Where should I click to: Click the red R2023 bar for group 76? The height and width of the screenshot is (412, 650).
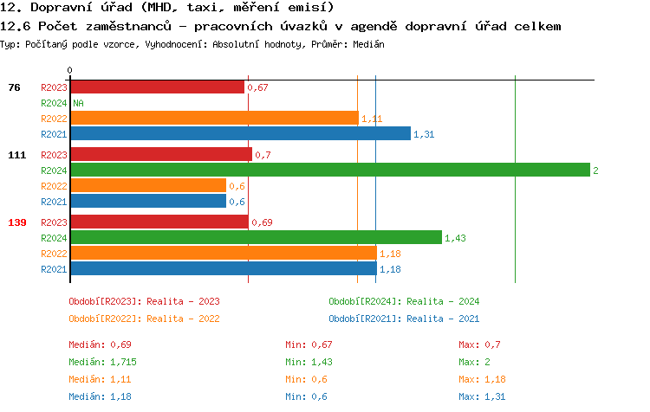157,87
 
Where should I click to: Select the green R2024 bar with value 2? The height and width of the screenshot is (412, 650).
329,171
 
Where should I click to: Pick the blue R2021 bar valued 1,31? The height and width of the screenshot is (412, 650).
240,134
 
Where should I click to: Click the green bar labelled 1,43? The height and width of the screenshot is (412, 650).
256,237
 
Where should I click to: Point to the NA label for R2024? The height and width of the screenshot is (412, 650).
78,103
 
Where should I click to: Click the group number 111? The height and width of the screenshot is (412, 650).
16,155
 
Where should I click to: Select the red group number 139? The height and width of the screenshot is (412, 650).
16,222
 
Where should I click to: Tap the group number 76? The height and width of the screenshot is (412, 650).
14,87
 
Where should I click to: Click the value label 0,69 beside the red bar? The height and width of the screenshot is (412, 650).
262,222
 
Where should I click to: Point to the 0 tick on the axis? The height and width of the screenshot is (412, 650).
70,71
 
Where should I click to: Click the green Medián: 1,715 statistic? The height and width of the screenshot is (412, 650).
102,362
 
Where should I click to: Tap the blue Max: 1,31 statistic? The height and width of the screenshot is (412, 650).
482,396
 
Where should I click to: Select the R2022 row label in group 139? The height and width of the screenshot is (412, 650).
54,254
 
